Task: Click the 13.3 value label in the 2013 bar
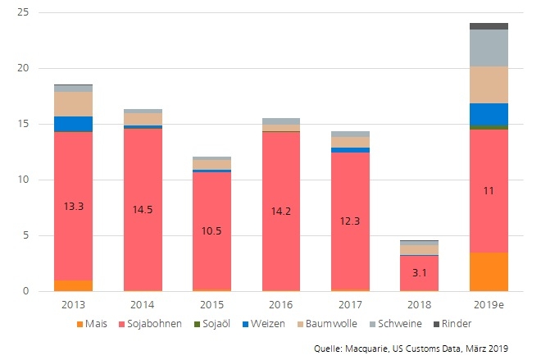click(74, 207)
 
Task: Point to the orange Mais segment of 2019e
click(489, 271)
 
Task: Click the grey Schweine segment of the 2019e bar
click(489, 48)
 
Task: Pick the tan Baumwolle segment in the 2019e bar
click(489, 84)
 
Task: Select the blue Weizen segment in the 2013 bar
click(74, 124)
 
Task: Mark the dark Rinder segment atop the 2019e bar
click(489, 26)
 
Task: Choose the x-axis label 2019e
click(489, 303)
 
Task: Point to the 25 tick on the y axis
click(23, 12)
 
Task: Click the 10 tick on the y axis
click(23, 180)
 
